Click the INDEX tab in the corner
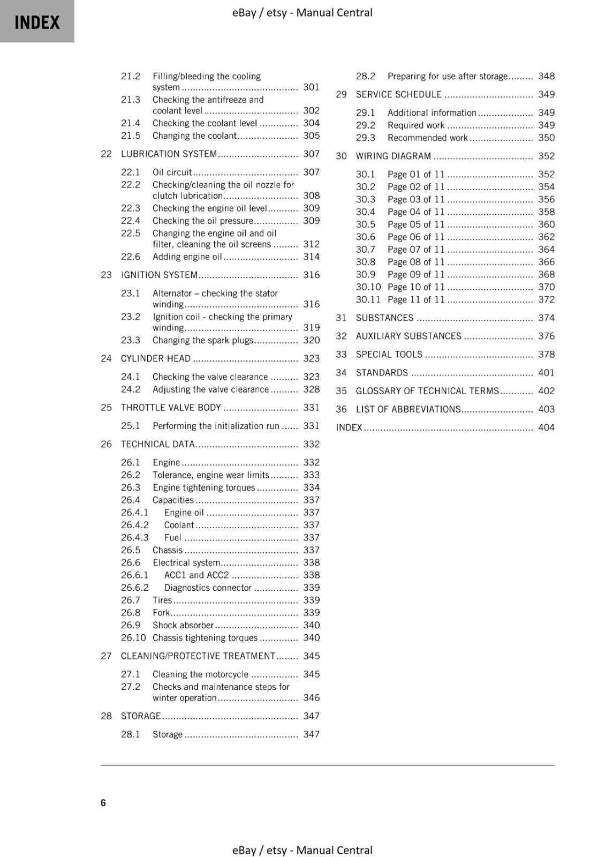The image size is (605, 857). (x=37, y=22)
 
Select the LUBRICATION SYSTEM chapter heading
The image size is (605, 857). (x=169, y=154)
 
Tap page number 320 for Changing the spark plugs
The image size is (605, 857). (x=311, y=340)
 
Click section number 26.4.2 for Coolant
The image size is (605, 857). (x=135, y=525)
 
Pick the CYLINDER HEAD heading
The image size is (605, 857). (x=155, y=358)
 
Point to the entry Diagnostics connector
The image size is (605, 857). (x=208, y=588)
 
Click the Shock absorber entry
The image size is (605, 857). (x=183, y=625)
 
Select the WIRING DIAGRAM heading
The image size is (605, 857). (x=393, y=156)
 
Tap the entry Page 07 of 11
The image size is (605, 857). (x=416, y=250)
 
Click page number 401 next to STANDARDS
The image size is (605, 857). (x=546, y=373)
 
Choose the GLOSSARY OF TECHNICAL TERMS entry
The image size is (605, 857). (x=427, y=391)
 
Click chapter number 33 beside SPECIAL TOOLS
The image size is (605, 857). (x=341, y=355)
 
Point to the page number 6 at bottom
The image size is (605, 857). (x=103, y=802)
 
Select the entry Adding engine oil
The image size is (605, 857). (x=187, y=257)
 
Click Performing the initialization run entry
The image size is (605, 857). (x=216, y=426)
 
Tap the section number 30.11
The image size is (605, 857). (x=368, y=300)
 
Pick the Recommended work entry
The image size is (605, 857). (x=427, y=138)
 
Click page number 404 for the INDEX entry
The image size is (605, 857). (x=546, y=427)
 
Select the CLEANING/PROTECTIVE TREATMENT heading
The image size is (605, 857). (x=198, y=656)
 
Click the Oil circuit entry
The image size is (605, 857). (x=172, y=172)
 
